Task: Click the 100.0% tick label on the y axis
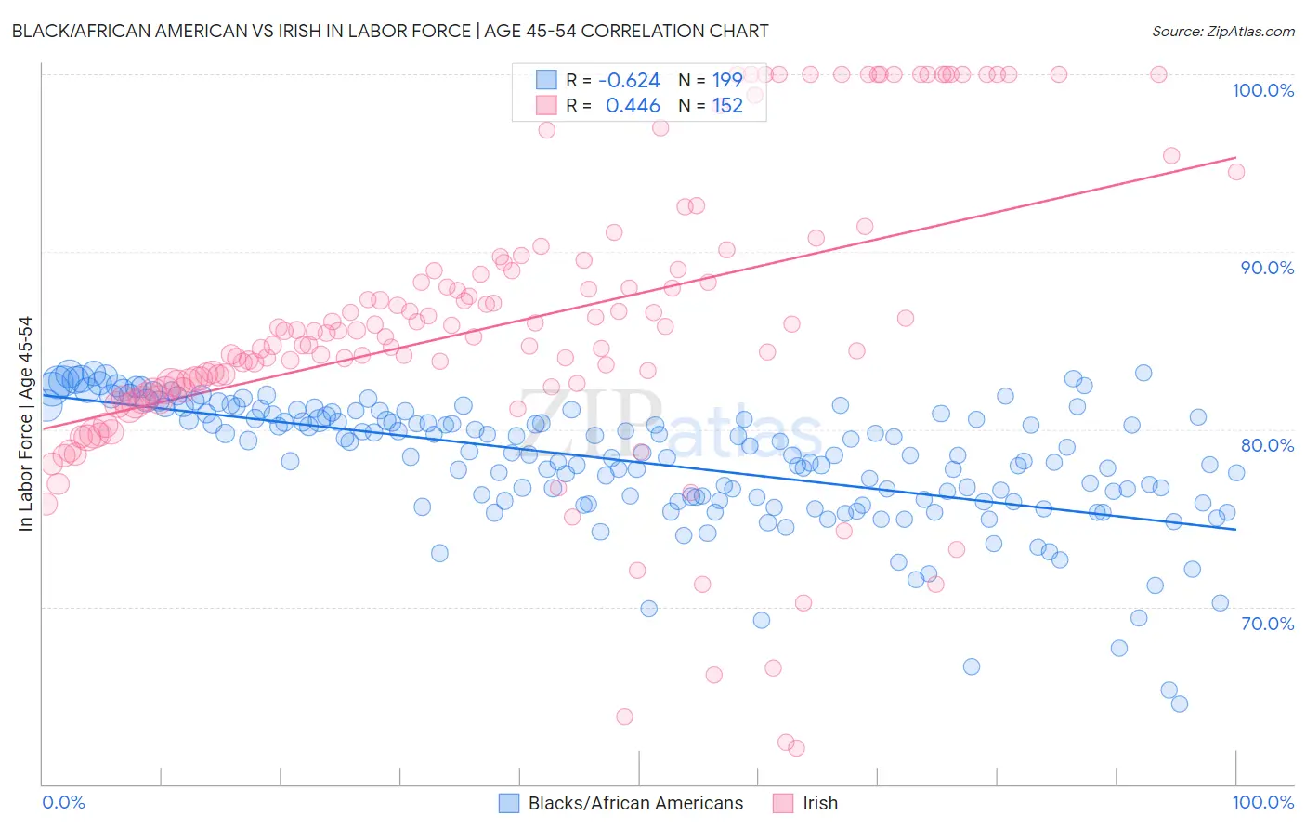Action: pyautogui.click(x=1262, y=90)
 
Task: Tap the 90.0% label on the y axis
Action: pyautogui.click(x=1267, y=268)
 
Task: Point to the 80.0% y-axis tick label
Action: pyautogui.click(x=1267, y=445)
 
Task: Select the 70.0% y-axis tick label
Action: pyautogui.click(x=1267, y=624)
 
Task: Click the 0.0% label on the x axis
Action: pyautogui.click(x=63, y=802)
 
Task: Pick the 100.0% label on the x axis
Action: pyautogui.click(x=1262, y=802)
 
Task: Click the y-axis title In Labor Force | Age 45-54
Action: pyautogui.click(x=25, y=424)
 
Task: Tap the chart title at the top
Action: pyautogui.click(x=390, y=31)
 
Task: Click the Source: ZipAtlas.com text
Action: pyautogui.click(x=1222, y=31)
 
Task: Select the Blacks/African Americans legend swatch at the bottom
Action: pyautogui.click(x=509, y=803)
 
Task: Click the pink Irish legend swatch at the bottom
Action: pyautogui.click(x=783, y=803)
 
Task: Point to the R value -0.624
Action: pyautogui.click(x=629, y=80)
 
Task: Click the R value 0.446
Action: pyautogui.click(x=633, y=106)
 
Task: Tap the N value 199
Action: pyautogui.click(x=726, y=80)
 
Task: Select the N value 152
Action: pyautogui.click(x=726, y=106)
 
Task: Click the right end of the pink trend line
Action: pyautogui.click(x=1236, y=157)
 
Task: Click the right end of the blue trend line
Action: pyautogui.click(x=1236, y=530)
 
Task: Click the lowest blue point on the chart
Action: pyautogui.click(x=1180, y=704)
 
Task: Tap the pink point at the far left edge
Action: pyautogui.click(x=45, y=505)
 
